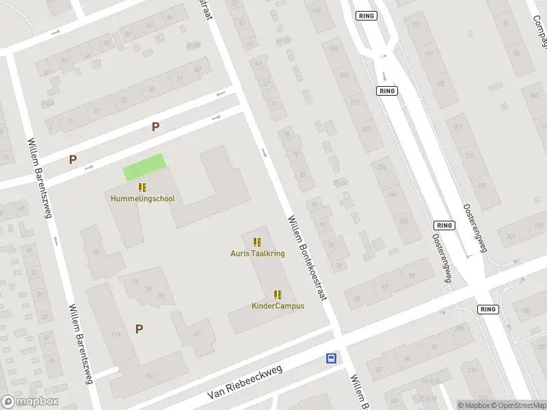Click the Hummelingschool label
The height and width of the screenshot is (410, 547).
point(142,199)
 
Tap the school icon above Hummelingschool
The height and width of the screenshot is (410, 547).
point(142,187)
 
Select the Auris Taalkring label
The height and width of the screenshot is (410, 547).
point(257,253)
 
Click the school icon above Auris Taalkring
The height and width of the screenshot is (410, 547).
point(257,241)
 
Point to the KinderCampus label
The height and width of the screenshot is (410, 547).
point(278,305)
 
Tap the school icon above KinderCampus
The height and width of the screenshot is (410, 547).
point(278,295)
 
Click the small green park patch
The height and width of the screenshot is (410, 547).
point(144,167)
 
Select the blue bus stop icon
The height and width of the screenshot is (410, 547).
point(331,358)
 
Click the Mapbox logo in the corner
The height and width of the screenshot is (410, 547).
point(30,402)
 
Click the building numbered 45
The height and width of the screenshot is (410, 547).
point(196,333)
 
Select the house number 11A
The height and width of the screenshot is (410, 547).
point(116,333)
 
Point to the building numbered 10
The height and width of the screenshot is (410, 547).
point(96,252)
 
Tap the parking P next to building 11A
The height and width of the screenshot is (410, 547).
point(139,329)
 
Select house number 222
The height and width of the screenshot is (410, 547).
point(365,129)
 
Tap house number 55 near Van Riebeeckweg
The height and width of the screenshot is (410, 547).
point(357,297)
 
